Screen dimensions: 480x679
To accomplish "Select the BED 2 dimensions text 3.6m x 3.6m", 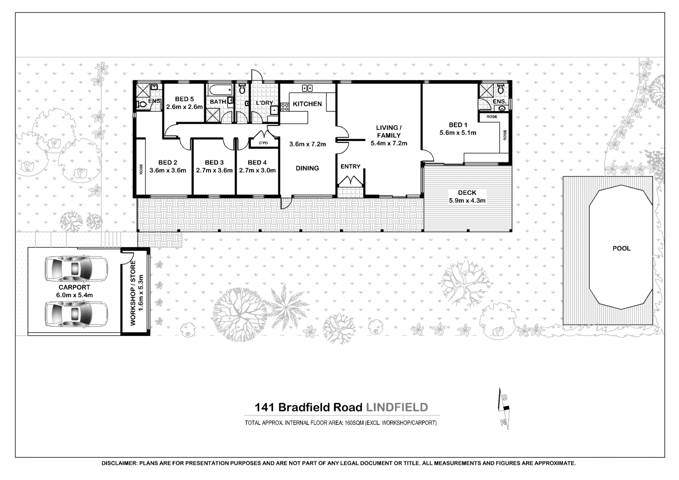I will [x=168, y=170].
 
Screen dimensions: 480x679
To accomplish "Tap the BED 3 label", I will [x=214, y=162].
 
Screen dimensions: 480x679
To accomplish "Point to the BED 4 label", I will [x=257, y=162].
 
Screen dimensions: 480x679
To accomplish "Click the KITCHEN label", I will [x=307, y=104].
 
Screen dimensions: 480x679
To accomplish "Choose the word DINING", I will [x=307, y=168].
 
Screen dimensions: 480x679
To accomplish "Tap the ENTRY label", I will [x=350, y=166].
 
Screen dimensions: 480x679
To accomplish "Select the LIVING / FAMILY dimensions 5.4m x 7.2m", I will [x=388, y=143].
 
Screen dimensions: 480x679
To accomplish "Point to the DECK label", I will [x=467, y=192].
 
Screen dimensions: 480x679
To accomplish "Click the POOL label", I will [x=621, y=248].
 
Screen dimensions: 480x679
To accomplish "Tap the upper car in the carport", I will [x=76, y=268].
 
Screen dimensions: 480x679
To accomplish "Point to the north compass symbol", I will [x=505, y=409].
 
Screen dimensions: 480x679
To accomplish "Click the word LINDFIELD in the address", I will [x=396, y=407].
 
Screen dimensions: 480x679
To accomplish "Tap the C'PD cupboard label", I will [x=263, y=144].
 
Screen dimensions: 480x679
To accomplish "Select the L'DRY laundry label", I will [x=264, y=103].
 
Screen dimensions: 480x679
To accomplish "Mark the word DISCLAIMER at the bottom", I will [x=119, y=464].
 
